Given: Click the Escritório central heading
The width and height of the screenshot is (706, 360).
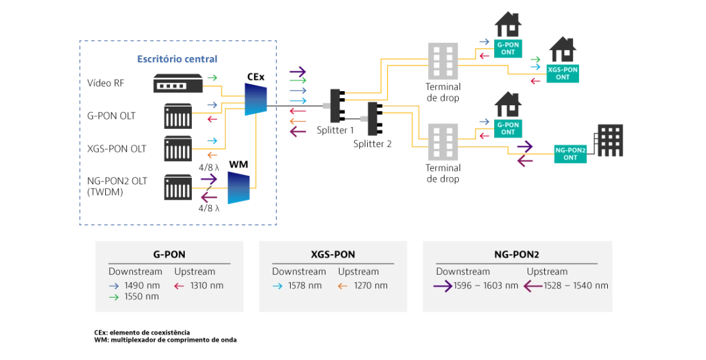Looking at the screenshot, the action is (177, 59).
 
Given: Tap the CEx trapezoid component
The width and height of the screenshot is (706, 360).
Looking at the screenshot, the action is (255, 99).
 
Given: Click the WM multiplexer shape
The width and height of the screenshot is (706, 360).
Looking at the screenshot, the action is (239, 187).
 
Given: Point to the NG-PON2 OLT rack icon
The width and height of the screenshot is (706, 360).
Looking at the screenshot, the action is (178, 187).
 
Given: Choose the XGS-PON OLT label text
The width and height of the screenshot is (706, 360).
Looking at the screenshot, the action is (117, 149).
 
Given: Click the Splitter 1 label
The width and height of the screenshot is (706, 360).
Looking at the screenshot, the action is (335, 130).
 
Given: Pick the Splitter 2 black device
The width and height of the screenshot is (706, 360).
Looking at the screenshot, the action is (375, 119).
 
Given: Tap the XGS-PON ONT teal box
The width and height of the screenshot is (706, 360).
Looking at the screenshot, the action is (562, 73).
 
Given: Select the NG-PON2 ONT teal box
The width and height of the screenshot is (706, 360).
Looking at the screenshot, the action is (570, 154).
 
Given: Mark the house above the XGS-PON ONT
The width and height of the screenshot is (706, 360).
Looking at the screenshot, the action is (563, 49).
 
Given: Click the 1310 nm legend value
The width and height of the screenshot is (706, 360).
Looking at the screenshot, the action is (207, 286).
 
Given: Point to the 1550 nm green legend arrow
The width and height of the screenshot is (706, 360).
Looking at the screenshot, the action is (114, 297).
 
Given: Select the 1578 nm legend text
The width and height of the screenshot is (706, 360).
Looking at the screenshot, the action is (305, 286).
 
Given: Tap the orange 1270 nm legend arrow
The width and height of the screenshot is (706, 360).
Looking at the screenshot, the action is (343, 286).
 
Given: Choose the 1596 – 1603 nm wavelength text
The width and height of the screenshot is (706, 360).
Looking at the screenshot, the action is (486, 286).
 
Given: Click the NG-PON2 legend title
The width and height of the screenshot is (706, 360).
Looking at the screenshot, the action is (517, 255).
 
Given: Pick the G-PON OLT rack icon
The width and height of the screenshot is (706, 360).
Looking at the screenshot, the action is (178, 116).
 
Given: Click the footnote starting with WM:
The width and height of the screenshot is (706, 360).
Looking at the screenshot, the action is (165, 339).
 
